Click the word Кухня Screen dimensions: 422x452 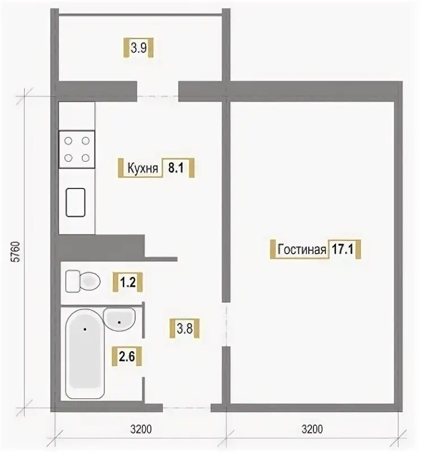143,168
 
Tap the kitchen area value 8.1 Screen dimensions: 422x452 176,167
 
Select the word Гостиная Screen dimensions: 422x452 302,249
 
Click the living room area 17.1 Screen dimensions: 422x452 343,249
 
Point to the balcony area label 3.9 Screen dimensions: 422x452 139,47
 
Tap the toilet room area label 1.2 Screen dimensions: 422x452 128,282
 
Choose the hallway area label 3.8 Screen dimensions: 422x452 185,328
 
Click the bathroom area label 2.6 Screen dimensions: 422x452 127,357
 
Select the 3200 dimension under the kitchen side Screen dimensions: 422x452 141,429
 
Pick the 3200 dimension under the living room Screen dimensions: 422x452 312,429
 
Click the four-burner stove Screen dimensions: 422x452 77,149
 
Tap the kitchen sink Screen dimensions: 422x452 76,202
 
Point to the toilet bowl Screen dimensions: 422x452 90,281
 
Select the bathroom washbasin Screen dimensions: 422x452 119,319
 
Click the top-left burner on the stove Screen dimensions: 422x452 68,141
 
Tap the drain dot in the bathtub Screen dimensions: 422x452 85,329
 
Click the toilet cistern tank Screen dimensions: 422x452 72,281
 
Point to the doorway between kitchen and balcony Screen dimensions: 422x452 158,92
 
